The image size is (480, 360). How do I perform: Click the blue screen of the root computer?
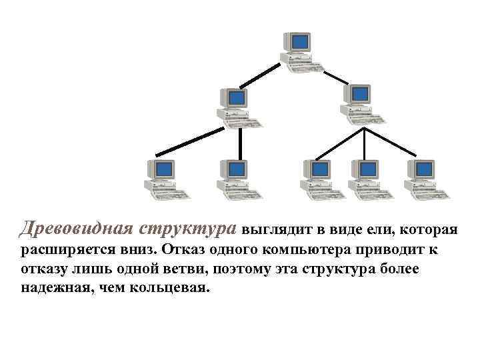[299, 41]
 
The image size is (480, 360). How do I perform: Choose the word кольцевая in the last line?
[174, 289]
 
